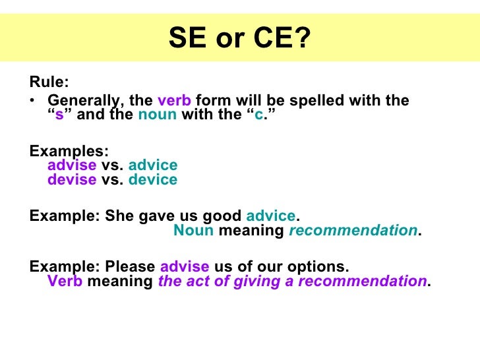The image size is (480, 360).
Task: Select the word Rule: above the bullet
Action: point(49,83)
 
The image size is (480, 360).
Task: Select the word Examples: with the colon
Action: point(69,150)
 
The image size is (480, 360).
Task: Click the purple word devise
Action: point(72,180)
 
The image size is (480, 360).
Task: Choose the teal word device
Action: point(153,180)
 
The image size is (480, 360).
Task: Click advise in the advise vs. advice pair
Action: point(72,165)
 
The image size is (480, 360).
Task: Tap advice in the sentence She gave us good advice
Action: point(271,216)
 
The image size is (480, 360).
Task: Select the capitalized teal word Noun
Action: point(193,231)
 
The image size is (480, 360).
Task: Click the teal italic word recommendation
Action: point(353,231)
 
